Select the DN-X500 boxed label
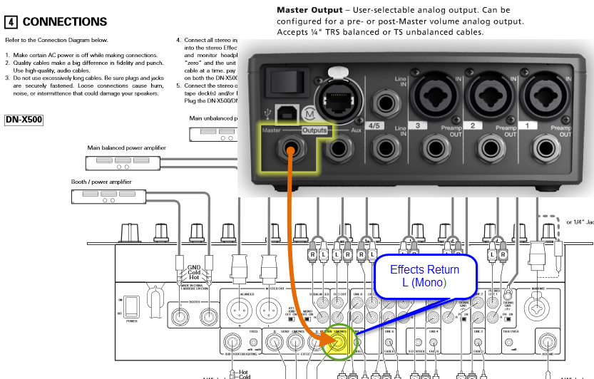click(x=24, y=120)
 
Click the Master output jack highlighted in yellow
click(x=290, y=151)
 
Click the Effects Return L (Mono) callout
click(x=424, y=276)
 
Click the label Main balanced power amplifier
click(x=126, y=147)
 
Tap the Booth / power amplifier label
click(x=101, y=182)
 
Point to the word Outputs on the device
click(x=314, y=130)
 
